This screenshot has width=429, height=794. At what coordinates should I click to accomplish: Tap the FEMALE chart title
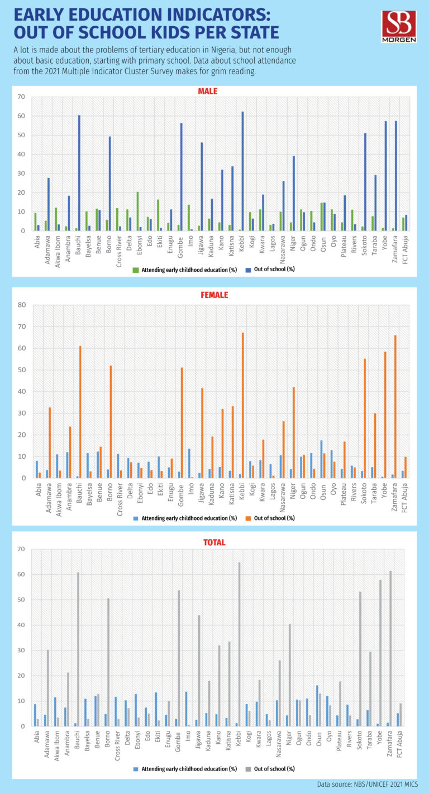coord(214,295)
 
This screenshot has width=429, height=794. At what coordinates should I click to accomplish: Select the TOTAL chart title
coord(214,541)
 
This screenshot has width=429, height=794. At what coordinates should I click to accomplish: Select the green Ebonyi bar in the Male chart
coord(137,211)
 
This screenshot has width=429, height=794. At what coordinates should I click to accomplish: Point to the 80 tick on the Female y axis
coord(22,305)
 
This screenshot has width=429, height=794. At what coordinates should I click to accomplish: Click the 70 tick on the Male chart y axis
coord(22,97)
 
